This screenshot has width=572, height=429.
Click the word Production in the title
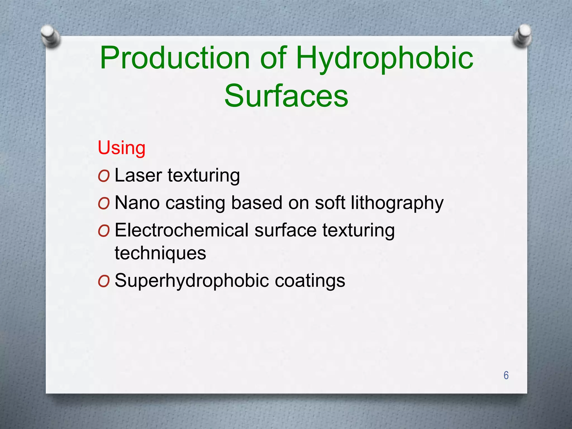pos(175,58)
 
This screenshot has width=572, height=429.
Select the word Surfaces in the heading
pos(286,96)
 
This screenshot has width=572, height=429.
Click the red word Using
pos(121,148)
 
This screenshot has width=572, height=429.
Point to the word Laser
pos(138,175)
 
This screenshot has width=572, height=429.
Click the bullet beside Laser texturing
pos(104,176)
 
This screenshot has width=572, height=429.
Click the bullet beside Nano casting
pos(104,204)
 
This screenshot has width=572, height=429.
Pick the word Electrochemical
pos(182,230)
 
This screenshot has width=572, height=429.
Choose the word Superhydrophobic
pos(192,281)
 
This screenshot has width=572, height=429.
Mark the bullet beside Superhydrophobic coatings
pos(104,281)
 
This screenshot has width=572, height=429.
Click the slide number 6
pos(506,375)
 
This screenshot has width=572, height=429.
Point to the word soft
pos(330,203)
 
